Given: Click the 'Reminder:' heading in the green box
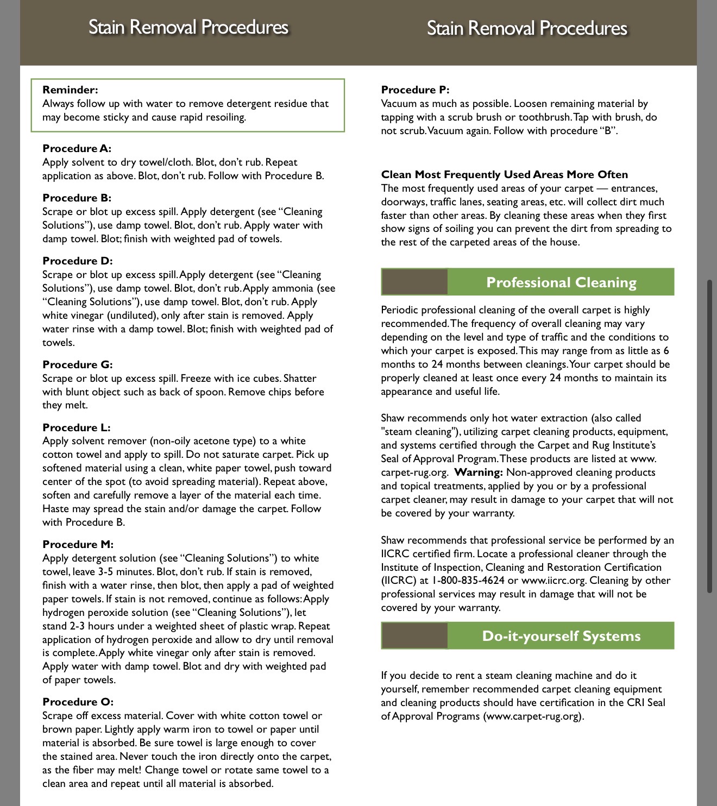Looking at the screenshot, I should [x=70, y=90].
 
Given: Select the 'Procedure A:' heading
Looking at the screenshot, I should [x=77, y=149].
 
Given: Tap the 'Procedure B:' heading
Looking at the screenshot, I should [x=77, y=198].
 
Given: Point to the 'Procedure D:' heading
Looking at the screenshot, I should [x=77, y=261].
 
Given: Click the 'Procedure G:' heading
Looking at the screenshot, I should [x=77, y=365].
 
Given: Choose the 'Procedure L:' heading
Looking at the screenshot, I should [x=76, y=428].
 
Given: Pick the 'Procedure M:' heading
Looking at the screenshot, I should [x=78, y=545].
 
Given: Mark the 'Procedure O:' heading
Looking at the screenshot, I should [x=78, y=702].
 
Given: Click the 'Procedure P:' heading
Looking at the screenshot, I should [x=415, y=90].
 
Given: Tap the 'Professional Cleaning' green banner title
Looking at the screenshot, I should [x=561, y=282].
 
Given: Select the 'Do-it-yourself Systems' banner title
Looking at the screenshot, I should [x=561, y=636].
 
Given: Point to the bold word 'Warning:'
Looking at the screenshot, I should [x=479, y=473].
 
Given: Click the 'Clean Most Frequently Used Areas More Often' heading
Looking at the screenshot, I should [x=504, y=175].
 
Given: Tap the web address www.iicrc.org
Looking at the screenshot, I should [x=554, y=581].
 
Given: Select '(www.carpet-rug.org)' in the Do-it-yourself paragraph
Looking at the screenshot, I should [x=532, y=716].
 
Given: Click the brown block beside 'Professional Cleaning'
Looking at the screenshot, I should [x=414, y=282].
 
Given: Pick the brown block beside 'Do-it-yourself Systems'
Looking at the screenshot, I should [x=414, y=636].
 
